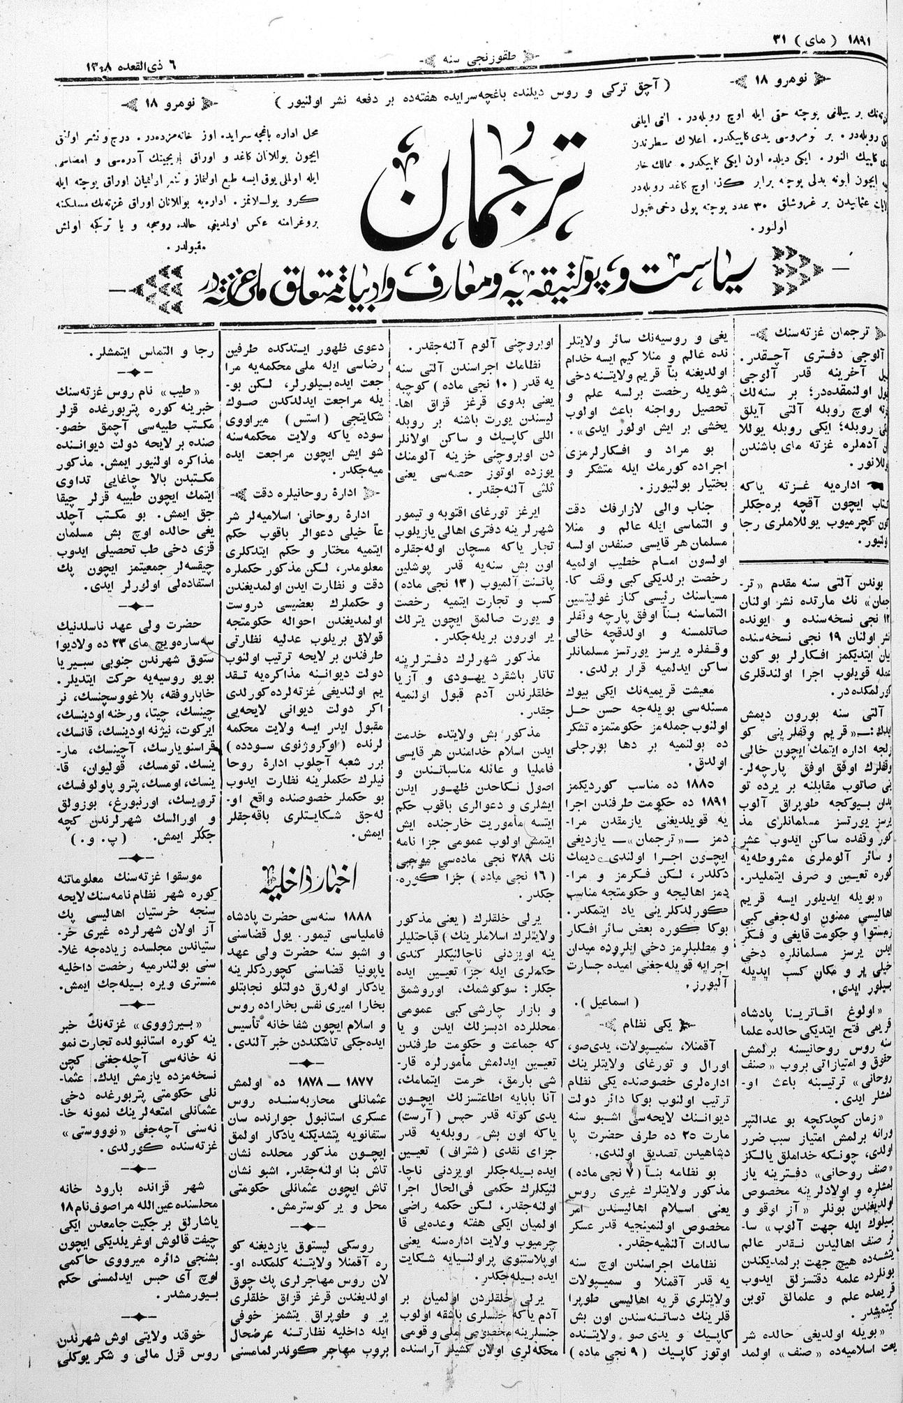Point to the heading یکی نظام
point(660,1025)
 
